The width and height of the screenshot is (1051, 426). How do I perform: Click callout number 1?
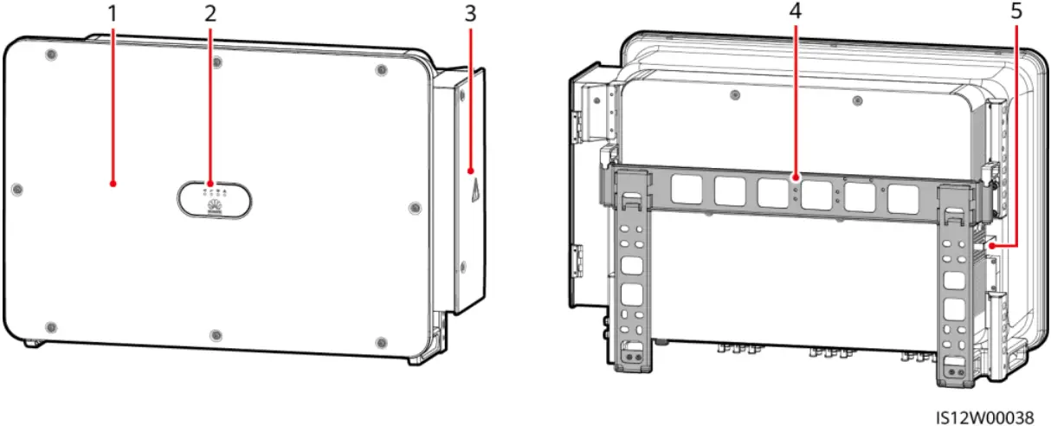coord(113,15)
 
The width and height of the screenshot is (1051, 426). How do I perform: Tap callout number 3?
coord(470,15)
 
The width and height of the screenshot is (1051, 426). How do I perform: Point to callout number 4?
coord(796,15)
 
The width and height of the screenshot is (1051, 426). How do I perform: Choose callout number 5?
coord(1015,15)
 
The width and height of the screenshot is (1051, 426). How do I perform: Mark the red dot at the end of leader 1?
coord(113,183)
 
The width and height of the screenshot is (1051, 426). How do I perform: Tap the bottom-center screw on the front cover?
coord(216,334)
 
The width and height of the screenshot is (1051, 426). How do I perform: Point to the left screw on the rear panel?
coord(734,95)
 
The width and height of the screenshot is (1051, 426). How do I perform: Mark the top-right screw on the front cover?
coord(379,70)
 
